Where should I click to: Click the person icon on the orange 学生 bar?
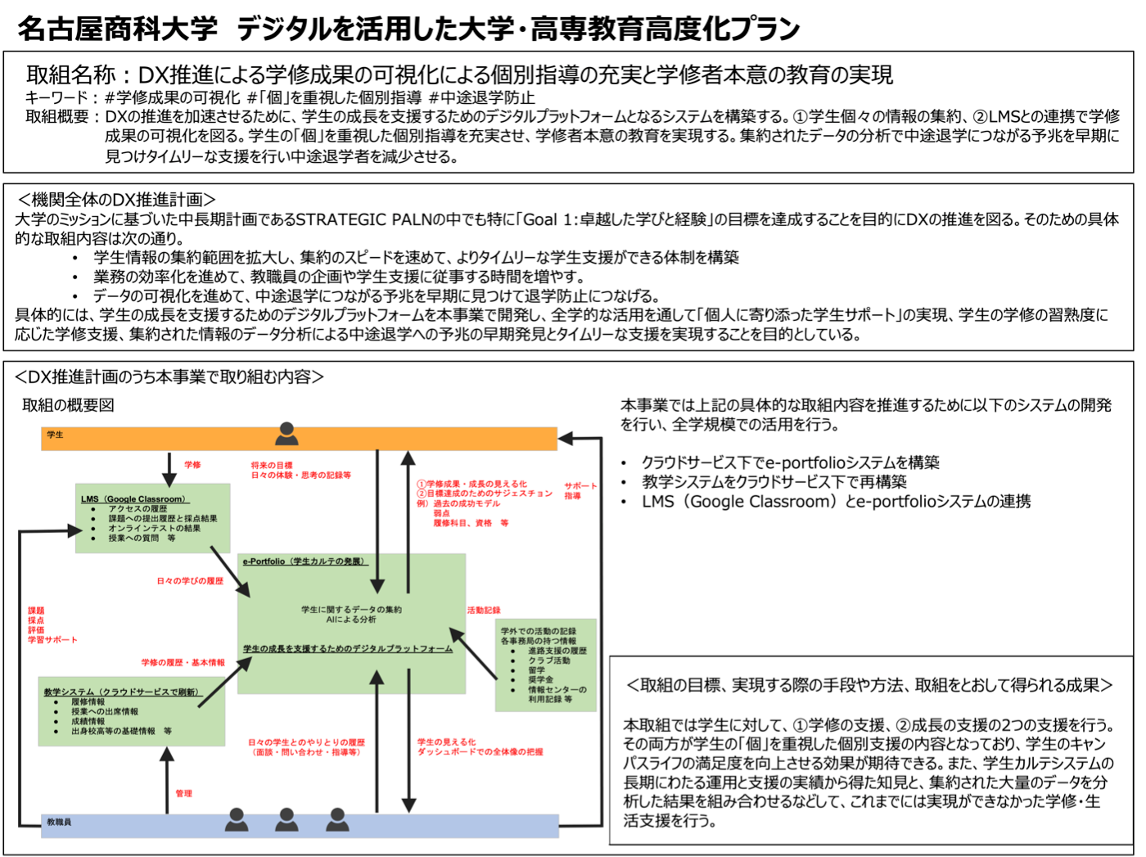click(286, 434)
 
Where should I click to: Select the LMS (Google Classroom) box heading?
click(135, 499)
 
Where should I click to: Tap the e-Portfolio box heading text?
click(305, 561)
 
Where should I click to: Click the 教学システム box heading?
click(123, 692)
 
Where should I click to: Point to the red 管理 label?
click(184, 793)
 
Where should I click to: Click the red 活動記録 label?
click(484, 610)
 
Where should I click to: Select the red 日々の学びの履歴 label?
click(190, 580)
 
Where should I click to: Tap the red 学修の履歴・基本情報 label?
click(183, 662)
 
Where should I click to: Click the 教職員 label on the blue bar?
click(59, 822)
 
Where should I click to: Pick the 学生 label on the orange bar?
click(55, 435)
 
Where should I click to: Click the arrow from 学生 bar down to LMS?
click(169, 469)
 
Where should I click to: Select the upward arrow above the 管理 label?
click(167, 780)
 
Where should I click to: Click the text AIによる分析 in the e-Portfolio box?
click(351, 620)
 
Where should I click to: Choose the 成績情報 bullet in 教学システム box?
click(88, 721)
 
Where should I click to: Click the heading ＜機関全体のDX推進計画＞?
click(116, 200)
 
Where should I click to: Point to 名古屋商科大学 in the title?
click(118, 28)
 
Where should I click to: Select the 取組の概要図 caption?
click(68, 405)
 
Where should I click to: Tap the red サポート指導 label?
click(580, 490)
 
